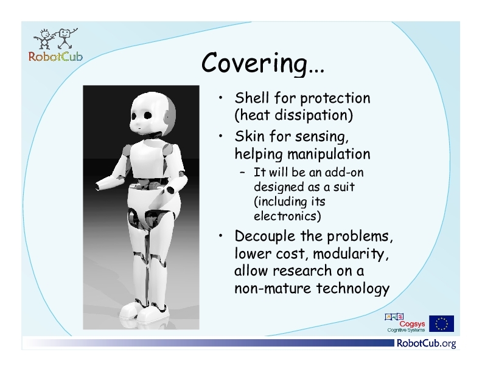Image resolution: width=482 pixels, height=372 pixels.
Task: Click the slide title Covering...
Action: pyautogui.click(x=263, y=63)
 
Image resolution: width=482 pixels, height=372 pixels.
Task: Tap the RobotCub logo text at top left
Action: pyautogui.click(x=55, y=57)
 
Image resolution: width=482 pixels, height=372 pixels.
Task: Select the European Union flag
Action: pyautogui.click(x=441, y=323)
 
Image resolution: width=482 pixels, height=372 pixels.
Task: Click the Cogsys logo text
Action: pyautogui.click(x=412, y=324)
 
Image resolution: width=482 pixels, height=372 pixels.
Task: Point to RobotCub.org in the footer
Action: pyautogui.click(x=427, y=343)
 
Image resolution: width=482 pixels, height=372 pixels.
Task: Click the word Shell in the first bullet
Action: pyautogui.click(x=252, y=98)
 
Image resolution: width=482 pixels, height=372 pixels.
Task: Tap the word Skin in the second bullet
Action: pyautogui.click(x=250, y=136)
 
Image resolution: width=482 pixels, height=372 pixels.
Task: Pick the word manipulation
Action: pyautogui.click(x=329, y=154)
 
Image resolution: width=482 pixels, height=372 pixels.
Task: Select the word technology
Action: pyautogui.click(x=353, y=289)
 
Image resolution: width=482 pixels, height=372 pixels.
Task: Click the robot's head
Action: pyautogui.click(x=153, y=114)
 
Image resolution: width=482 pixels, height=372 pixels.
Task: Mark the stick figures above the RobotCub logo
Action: pyautogui.click(x=56, y=39)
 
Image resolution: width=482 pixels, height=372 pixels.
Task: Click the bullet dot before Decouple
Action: pyautogui.click(x=220, y=235)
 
